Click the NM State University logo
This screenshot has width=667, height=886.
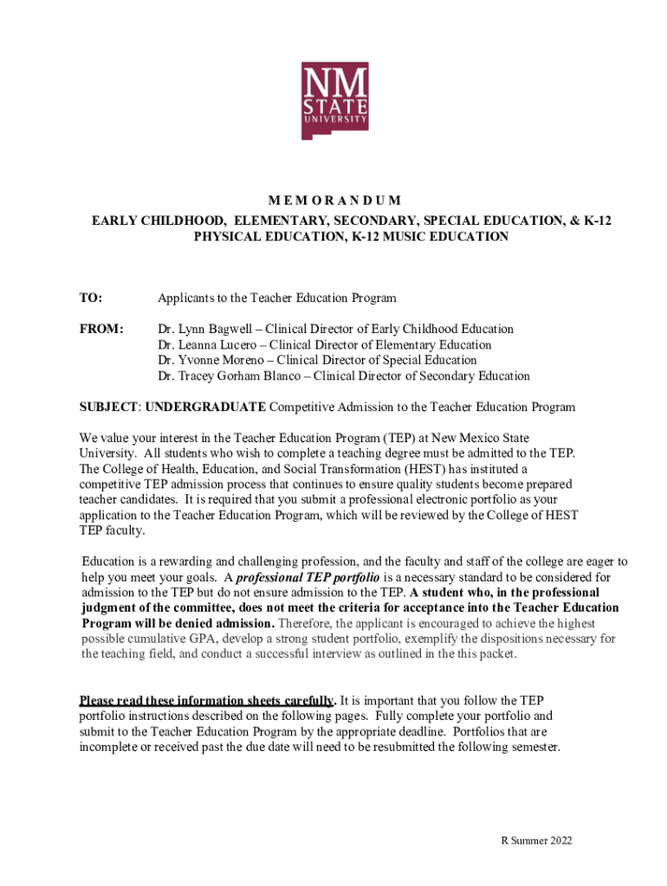[334, 100]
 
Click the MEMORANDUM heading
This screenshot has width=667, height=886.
[333, 201]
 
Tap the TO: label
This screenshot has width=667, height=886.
[91, 299]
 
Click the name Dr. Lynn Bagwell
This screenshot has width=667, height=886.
[208, 330]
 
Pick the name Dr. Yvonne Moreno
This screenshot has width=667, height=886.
[211, 361]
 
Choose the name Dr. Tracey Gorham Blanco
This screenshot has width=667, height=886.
[233, 376]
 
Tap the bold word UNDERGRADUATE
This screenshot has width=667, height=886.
[205, 408]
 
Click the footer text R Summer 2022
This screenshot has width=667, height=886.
[537, 841]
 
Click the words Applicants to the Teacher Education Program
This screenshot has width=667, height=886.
[276, 299]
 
